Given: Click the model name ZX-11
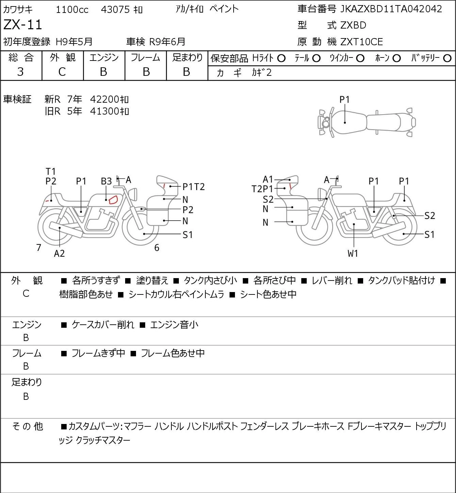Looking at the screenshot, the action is (22, 25).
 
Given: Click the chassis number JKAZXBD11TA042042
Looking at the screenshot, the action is (391, 9).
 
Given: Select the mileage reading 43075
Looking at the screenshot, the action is (115, 10).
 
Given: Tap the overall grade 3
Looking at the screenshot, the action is (20, 72).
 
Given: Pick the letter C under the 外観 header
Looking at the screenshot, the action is (62, 72).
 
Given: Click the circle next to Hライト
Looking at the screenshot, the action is (281, 58).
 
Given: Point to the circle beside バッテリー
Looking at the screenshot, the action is (447, 58).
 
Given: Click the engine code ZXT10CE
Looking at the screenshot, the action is (361, 42).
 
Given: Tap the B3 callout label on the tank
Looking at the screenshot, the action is (106, 182).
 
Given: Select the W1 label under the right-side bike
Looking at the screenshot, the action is (353, 253).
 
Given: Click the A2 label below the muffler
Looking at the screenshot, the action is (60, 253).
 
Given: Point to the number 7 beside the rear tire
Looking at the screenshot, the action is (38, 248).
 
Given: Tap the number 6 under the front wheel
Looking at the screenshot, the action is (157, 248).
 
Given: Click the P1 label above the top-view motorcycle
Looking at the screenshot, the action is (344, 100).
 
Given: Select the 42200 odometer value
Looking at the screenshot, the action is (105, 99).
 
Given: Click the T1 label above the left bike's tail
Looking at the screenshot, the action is (51, 172).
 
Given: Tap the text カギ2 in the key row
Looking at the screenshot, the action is (262, 73).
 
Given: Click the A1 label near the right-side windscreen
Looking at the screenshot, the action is (268, 179).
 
